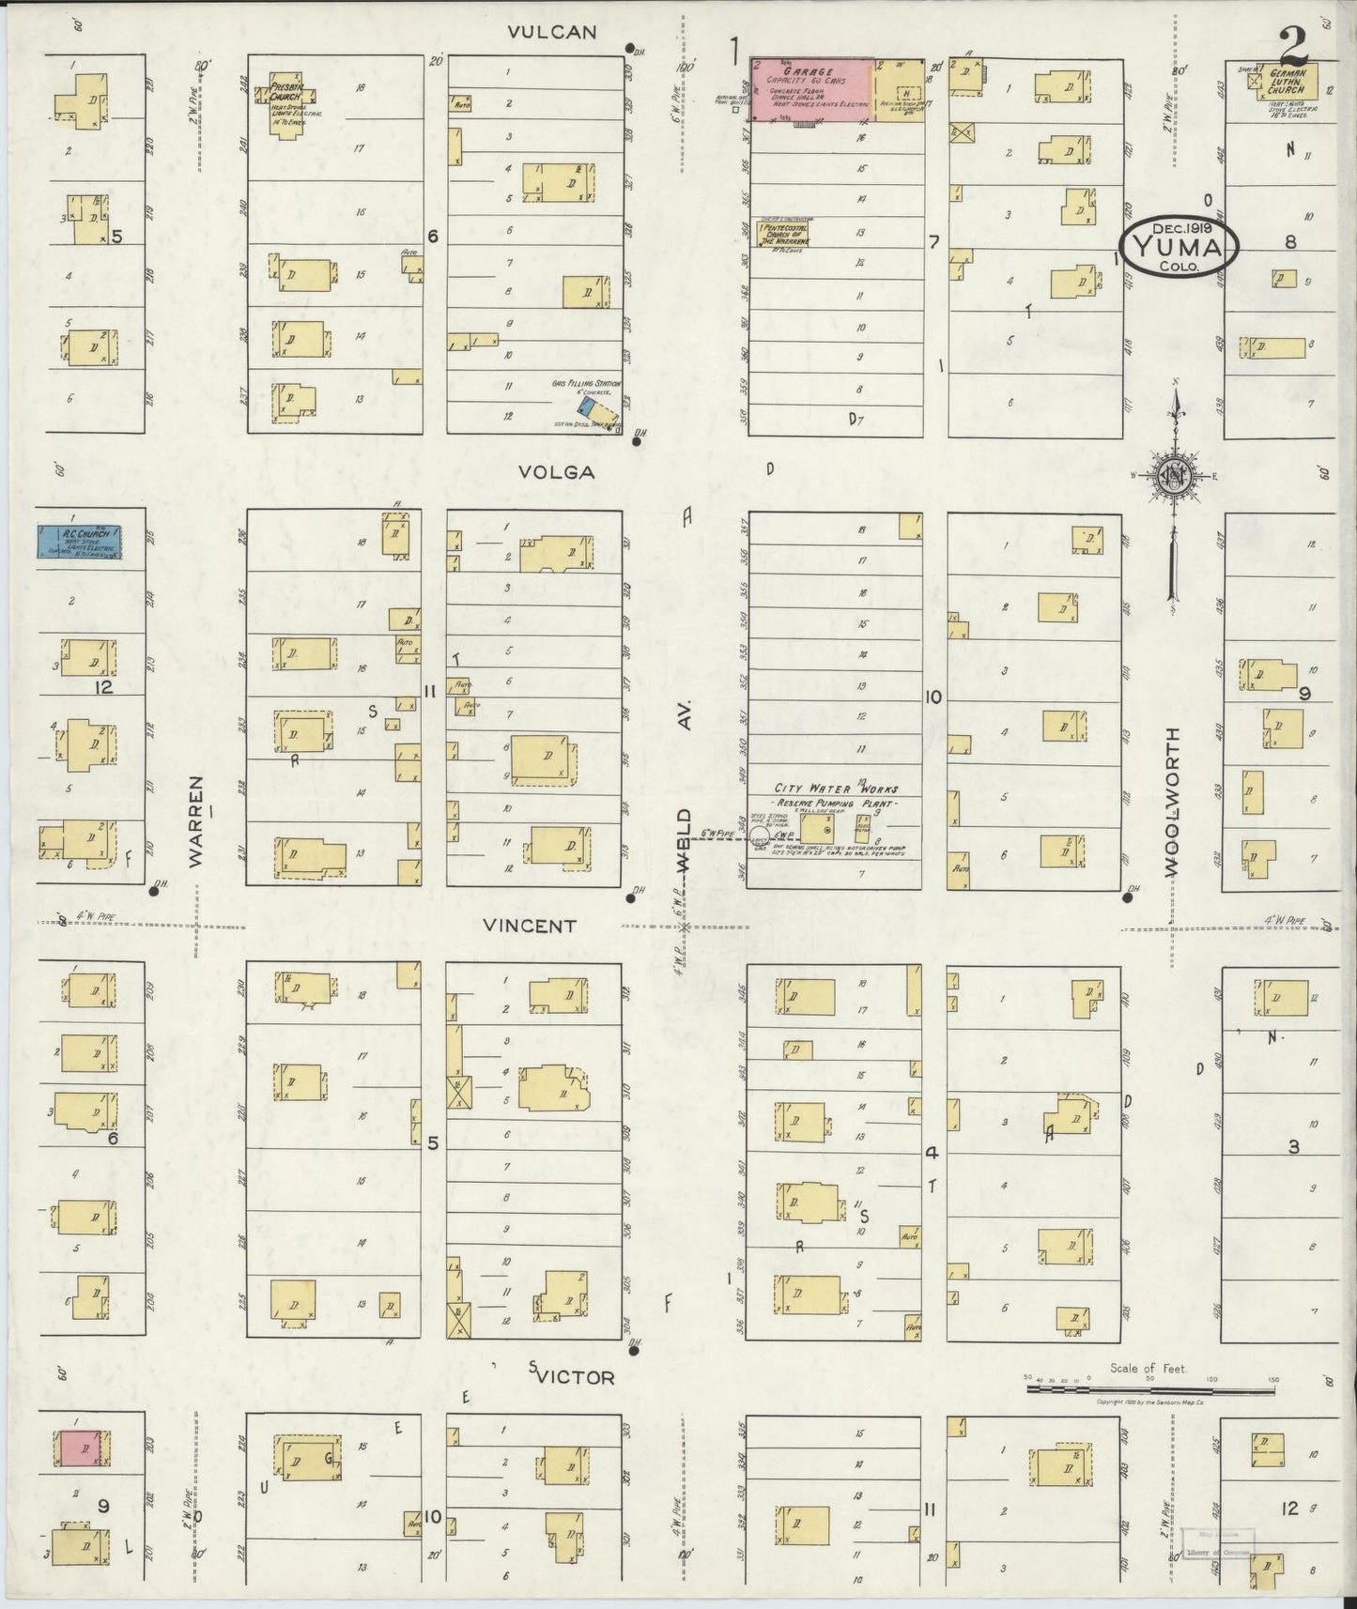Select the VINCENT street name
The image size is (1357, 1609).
(529, 926)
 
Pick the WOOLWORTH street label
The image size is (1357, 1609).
(1173, 801)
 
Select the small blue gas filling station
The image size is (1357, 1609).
(585, 406)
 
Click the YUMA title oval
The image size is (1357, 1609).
(1180, 246)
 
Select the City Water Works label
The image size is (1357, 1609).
(836, 789)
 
